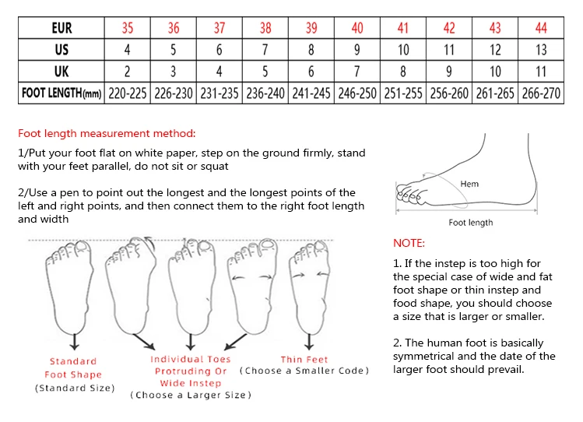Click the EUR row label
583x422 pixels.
(61, 28)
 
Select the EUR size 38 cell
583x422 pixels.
(265, 28)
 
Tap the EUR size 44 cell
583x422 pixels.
(541, 28)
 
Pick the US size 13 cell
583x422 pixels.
(541, 50)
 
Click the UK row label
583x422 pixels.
(61, 72)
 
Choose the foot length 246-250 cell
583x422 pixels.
(357, 93)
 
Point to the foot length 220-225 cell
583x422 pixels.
(128, 93)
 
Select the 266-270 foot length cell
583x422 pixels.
(541, 93)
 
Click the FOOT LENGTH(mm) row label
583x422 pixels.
(61, 93)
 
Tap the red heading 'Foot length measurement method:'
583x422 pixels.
(107, 134)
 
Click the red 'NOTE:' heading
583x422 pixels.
(409, 243)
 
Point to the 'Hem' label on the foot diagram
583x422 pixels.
(469, 184)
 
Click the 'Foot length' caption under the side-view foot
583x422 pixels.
(470, 223)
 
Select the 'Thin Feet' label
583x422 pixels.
(304, 359)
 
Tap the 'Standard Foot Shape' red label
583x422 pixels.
(73, 367)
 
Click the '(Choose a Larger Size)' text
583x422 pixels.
(191, 395)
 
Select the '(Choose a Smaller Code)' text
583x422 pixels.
(304, 371)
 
